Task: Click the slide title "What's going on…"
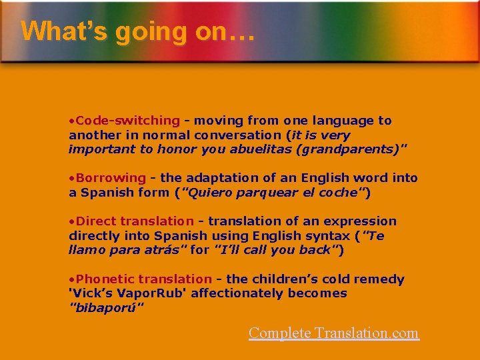[137, 31]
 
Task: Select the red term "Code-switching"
[127, 121]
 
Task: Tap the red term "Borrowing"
[111, 178]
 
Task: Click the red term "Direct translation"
[135, 221]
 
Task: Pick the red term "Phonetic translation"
[143, 279]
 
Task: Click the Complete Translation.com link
[334, 333]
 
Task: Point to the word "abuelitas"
[259, 149]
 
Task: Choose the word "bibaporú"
[104, 307]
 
